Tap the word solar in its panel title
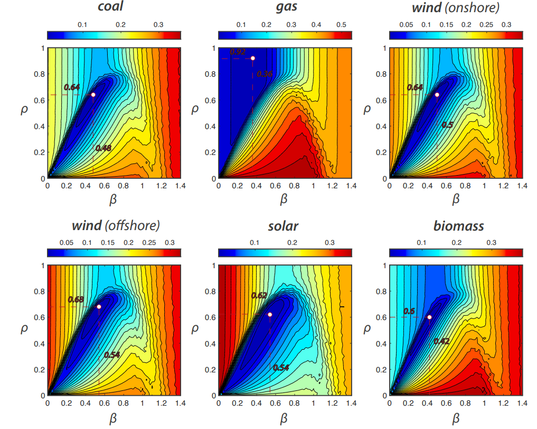(x=285, y=226)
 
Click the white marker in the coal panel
(x=93, y=95)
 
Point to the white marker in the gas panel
(x=253, y=58)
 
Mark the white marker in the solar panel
(x=270, y=315)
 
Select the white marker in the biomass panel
(x=429, y=317)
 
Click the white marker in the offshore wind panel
(x=99, y=307)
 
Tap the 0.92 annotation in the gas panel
(x=238, y=52)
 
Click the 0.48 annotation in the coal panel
(x=103, y=148)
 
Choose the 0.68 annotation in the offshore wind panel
(x=76, y=299)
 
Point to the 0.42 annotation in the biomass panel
(x=441, y=341)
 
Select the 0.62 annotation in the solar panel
(x=259, y=295)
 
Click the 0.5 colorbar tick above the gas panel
(x=341, y=24)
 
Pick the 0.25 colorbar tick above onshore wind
(x=486, y=24)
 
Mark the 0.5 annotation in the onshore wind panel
(x=447, y=125)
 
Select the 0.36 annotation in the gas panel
(x=265, y=74)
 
